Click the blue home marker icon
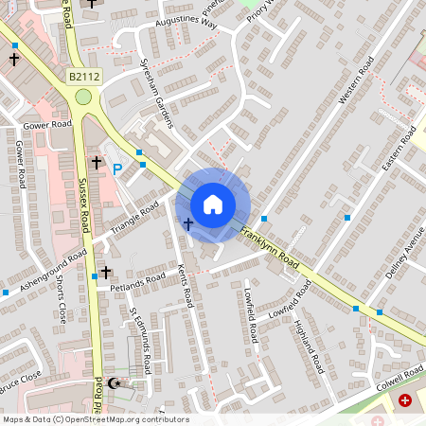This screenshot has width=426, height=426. [213, 204]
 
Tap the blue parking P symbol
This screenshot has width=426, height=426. [117, 169]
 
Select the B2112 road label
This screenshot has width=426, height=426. [83, 76]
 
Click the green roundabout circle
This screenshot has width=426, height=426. [83, 96]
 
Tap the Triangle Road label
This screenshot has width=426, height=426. [135, 219]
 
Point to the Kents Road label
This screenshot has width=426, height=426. [186, 284]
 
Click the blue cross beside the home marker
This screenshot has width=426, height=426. [187, 224]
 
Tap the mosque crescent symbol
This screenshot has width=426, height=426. [115, 383]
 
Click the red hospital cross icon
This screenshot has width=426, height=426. [406, 401]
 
